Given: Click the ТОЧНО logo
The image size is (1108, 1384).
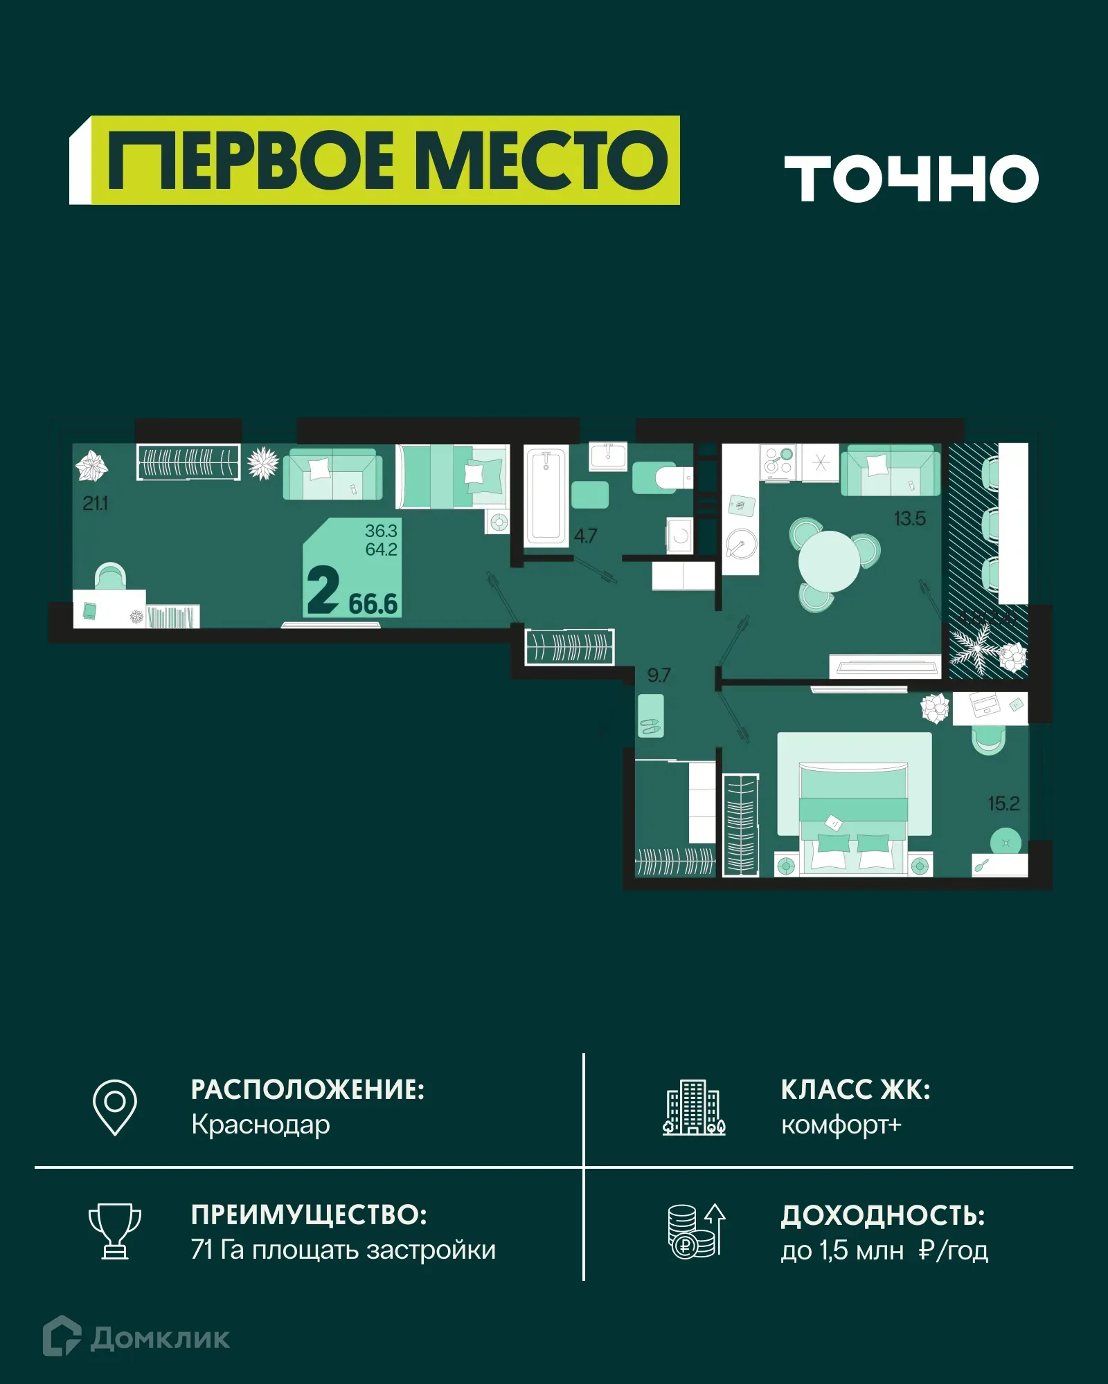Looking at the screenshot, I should (x=911, y=179).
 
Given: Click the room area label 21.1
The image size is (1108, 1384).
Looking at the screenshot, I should (x=96, y=504).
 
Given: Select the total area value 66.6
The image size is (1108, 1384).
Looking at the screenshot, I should (x=373, y=604).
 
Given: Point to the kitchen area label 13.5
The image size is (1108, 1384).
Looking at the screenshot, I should (x=909, y=518).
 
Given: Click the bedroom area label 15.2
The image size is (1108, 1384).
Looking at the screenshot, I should (x=1003, y=803).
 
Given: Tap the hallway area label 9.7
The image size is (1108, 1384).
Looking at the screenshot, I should (x=659, y=675).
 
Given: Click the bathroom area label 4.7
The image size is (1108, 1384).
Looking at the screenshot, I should (x=585, y=536).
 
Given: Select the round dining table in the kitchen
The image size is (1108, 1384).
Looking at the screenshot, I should (x=829, y=561).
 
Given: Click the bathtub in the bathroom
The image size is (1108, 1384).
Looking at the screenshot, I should (x=546, y=495).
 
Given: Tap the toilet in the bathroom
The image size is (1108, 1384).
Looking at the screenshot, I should (x=662, y=477).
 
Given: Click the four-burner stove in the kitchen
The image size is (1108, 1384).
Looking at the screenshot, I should (x=778, y=461).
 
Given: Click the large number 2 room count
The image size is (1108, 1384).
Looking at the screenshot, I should (x=323, y=590).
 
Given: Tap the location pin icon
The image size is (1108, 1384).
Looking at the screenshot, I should (x=115, y=1107).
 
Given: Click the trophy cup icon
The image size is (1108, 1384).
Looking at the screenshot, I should (x=115, y=1231).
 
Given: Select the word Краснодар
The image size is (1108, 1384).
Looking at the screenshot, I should (x=260, y=1125).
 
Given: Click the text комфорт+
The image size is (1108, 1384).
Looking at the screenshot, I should (x=841, y=1125).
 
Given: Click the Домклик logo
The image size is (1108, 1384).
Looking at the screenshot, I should (x=136, y=1338).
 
